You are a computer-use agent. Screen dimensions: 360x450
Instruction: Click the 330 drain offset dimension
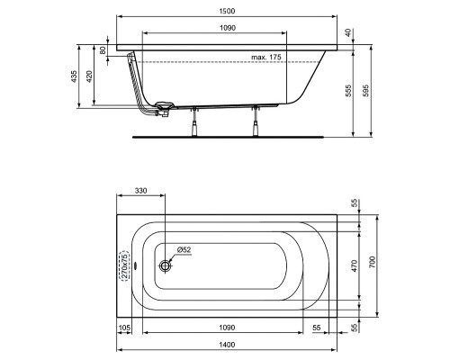[x=141, y=192]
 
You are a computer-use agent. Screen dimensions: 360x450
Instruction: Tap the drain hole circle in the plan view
[x=166, y=266]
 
